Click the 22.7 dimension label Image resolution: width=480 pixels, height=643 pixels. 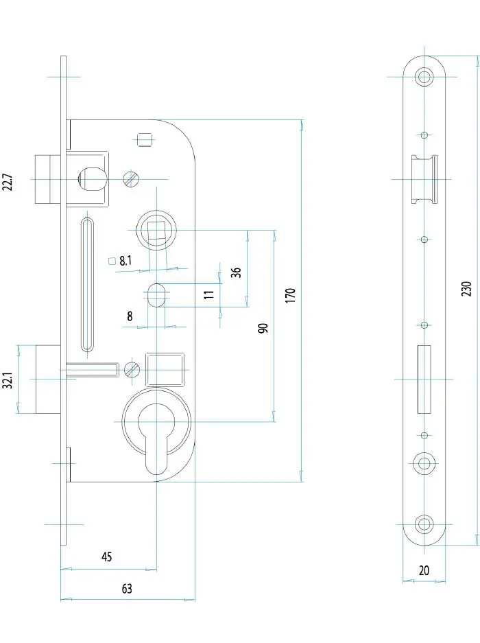8,185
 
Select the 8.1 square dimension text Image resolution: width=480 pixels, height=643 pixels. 125,261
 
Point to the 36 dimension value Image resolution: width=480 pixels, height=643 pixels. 236,272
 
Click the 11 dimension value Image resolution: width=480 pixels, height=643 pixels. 210,295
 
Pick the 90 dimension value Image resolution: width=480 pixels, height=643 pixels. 263,327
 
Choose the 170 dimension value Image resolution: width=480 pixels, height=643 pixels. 290,296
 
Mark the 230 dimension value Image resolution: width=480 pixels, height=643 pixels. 466,288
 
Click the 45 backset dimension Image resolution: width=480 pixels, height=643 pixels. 106,557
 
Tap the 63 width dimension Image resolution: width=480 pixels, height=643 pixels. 126,589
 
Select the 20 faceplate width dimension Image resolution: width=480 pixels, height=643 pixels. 423,570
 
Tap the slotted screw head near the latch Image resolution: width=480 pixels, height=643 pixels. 132,178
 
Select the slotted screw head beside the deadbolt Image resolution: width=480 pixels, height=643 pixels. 132,370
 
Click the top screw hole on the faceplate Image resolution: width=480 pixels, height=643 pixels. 425,75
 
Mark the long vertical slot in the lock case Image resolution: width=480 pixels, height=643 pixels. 88,284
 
